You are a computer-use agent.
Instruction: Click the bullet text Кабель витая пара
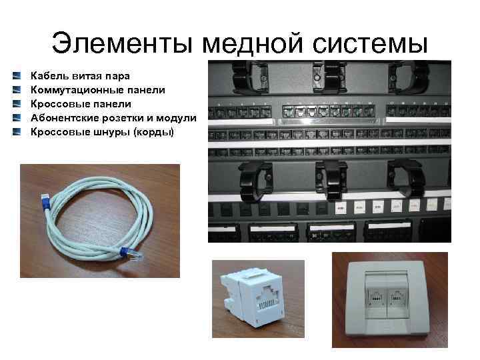pos(81,75)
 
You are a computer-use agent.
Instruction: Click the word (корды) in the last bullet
pos(153,132)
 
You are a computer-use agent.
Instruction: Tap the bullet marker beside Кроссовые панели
pos(25,104)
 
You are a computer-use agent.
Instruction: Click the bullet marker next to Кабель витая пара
pos(25,75)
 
